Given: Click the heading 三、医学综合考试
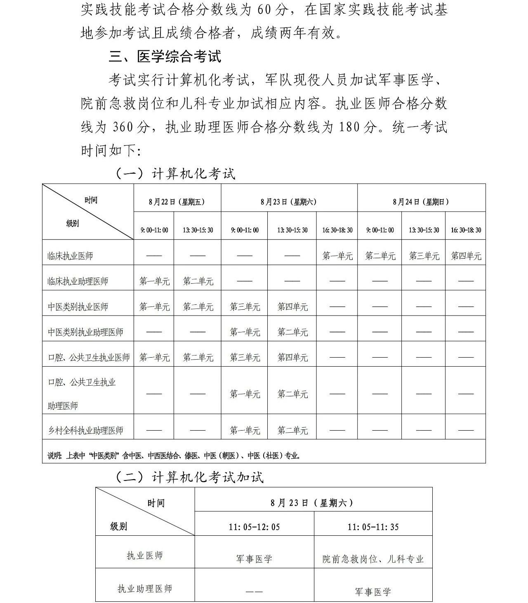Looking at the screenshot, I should tap(165, 57).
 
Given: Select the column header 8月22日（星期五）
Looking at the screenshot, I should tap(177, 202).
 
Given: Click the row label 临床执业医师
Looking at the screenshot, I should tap(70, 256).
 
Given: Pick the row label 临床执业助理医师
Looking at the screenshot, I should tap(78, 282).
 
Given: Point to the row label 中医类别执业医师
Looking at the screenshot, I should tap(78, 307).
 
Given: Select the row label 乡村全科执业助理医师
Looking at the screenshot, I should tap(85, 431).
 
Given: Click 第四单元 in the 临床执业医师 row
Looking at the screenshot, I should tap(466, 256).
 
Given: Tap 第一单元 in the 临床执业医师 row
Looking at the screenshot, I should tap(337, 256).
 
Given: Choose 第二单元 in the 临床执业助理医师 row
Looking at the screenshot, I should tap(198, 282).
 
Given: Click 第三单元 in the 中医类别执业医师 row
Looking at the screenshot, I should tap(245, 307).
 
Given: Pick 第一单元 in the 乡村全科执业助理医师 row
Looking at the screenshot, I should tap(245, 431).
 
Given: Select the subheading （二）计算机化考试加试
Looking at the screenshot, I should tap(189, 478).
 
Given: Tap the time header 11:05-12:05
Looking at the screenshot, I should tap(254, 527).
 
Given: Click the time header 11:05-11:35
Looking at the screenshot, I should tap(373, 527).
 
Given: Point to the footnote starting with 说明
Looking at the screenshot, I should tap(173, 456).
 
